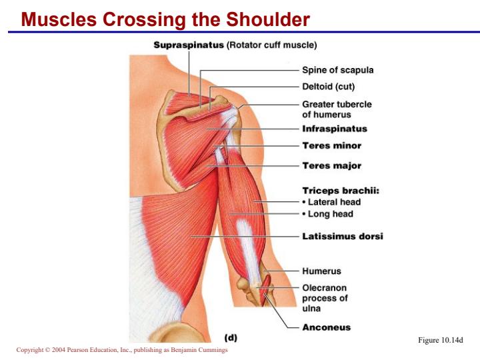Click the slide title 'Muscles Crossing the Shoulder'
165,19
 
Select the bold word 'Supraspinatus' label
189,45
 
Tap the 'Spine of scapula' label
337,70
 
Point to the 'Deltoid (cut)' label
328,87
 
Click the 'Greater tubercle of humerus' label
337,109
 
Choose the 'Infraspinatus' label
335,129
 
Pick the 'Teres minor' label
332,146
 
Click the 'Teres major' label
332,166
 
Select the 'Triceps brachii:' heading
341,191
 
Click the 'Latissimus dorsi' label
343,236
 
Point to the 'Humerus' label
321,271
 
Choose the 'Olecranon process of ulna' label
325,298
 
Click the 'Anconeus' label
326,327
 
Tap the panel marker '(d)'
231,337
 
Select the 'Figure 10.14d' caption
441,340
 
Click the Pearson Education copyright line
122,349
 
